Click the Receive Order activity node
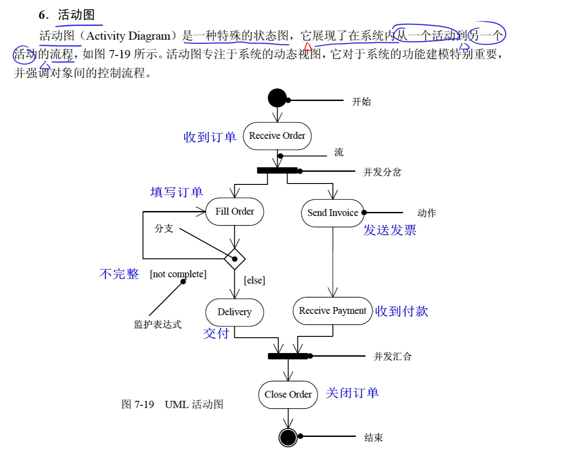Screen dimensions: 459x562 (277, 136)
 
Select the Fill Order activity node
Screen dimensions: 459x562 (234, 211)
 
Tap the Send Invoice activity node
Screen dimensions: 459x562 (333, 213)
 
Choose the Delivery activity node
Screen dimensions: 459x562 (234, 312)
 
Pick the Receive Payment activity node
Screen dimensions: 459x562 (333, 311)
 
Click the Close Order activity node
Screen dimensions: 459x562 (288, 395)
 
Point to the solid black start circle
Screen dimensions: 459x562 (277, 98)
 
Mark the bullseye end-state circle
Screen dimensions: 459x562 (288, 437)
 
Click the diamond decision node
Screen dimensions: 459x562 (234, 259)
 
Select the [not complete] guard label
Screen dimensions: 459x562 (178, 274)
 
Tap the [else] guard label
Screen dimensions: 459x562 (255, 280)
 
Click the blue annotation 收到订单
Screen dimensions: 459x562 (210, 137)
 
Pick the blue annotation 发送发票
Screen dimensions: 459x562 (390, 230)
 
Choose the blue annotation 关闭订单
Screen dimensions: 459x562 (352, 393)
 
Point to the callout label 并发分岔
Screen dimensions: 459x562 (382, 172)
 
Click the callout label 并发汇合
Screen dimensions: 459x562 (393, 357)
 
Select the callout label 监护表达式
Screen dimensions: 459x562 (158, 325)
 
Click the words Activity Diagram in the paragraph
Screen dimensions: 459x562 (128, 36)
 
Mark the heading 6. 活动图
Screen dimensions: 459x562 (67, 15)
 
